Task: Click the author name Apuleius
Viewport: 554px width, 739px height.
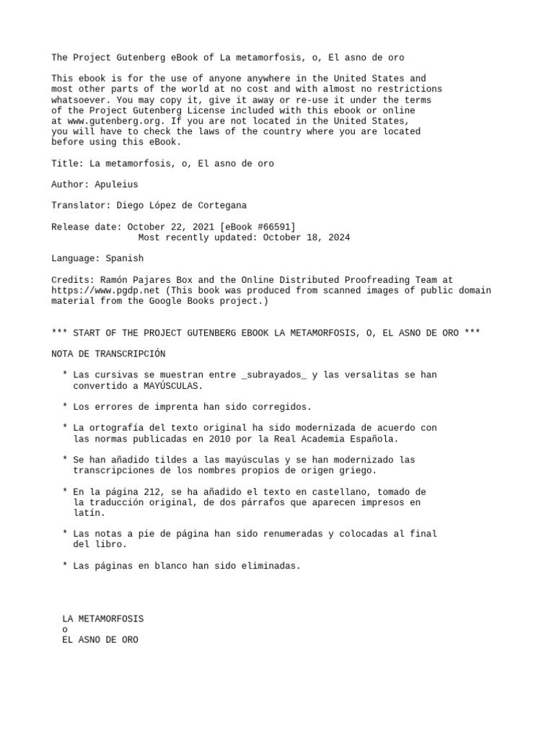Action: click(x=116, y=185)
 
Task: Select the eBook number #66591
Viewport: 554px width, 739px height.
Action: click(x=268, y=227)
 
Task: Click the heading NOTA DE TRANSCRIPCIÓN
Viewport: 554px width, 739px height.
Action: click(x=108, y=354)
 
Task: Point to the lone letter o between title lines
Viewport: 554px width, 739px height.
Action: click(x=66, y=629)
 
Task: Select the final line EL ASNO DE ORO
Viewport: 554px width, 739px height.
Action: click(x=100, y=640)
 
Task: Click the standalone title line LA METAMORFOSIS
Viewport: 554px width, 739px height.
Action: click(x=103, y=619)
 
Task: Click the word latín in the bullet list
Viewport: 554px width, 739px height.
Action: click(x=89, y=513)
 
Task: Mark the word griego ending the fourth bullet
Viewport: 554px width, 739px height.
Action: click(x=357, y=471)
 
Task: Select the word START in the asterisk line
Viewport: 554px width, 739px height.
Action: click(x=84, y=333)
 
